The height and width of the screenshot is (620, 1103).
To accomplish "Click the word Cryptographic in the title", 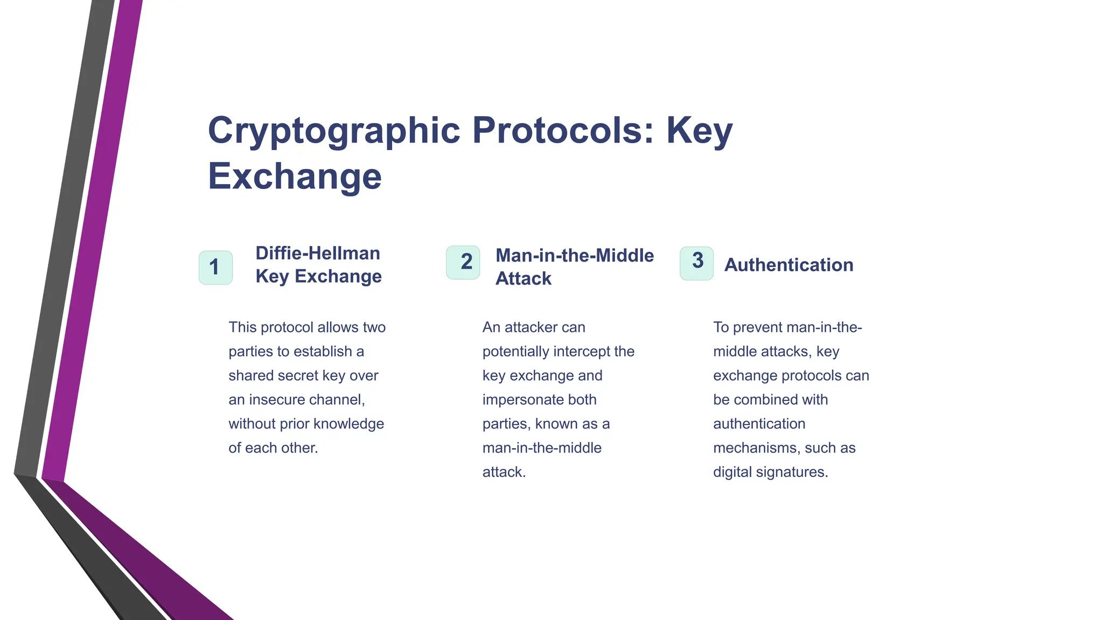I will [x=334, y=131].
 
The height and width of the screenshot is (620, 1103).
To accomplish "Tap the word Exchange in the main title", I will [x=295, y=176].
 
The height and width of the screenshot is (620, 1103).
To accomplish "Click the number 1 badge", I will [x=215, y=267].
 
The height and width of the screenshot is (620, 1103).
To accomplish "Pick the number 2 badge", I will [x=463, y=263].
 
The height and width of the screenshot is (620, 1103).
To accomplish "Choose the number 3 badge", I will [x=696, y=263].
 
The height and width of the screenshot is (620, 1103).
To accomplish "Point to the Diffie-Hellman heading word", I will [x=318, y=253].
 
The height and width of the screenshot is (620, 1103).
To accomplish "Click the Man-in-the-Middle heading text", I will [x=575, y=255].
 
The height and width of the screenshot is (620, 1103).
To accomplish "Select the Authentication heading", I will [x=788, y=265].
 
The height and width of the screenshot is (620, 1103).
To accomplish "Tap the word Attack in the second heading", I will [x=523, y=278].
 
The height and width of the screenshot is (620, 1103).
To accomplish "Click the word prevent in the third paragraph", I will [x=757, y=327].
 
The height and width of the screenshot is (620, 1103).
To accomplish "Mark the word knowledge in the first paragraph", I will [x=348, y=424].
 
